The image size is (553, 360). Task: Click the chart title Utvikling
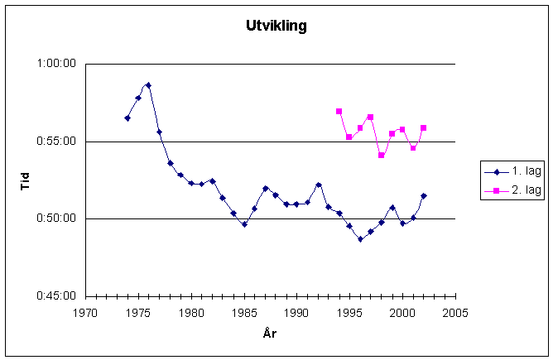(x=276, y=26)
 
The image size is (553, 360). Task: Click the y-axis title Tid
(x=26, y=180)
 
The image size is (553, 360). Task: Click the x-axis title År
(x=270, y=333)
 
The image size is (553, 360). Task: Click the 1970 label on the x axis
(x=85, y=313)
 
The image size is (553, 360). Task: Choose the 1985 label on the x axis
(x=243, y=313)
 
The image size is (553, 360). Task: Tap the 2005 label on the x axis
(x=454, y=313)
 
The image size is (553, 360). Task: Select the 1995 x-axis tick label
(x=349, y=313)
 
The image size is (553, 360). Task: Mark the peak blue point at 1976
(x=148, y=84)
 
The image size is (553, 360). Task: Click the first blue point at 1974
(x=127, y=118)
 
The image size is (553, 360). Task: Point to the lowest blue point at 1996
(x=360, y=239)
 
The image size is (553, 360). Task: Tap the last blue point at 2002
(x=423, y=196)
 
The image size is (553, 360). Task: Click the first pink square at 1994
(x=339, y=111)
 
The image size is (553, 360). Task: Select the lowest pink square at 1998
(x=382, y=156)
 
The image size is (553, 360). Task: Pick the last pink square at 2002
(x=423, y=128)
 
